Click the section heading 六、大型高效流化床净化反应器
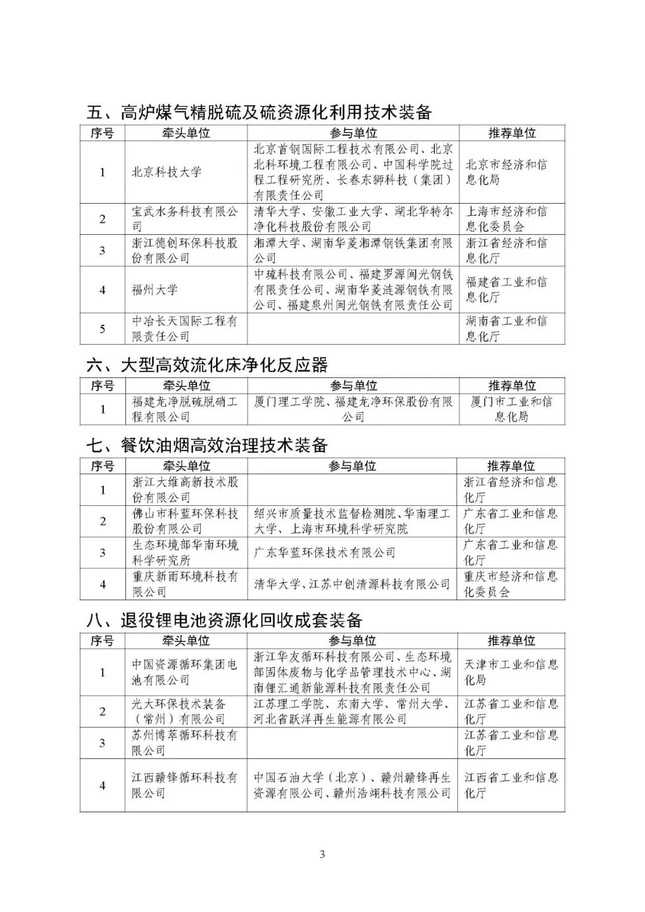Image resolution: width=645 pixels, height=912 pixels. coord(207,365)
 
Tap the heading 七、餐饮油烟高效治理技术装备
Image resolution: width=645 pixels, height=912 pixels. coord(207,446)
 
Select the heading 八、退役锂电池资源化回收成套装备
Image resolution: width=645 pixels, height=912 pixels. coord(225,620)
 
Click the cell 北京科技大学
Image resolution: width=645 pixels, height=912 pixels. coord(167,173)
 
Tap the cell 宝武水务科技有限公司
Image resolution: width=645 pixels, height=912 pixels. coord(185,219)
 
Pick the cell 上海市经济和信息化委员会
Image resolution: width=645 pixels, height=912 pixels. coord(506,219)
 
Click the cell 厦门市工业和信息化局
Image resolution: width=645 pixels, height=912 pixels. coord(511,409)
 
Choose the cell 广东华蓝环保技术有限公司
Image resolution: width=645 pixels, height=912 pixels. coord(325,552)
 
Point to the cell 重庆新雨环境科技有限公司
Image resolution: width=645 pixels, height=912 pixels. coord(185,584)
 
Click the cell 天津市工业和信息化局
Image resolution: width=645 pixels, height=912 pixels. coord(511,672)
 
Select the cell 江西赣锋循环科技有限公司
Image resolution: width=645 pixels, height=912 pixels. coord(185,785)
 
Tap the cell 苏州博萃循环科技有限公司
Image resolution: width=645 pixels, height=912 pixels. coord(185,742)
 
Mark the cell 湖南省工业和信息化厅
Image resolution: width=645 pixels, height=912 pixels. coord(506,328)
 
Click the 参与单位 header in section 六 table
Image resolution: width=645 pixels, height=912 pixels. coord(353,386)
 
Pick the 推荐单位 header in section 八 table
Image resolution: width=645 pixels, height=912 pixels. coord(511,641)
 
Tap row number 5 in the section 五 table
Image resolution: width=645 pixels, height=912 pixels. coord(102,329)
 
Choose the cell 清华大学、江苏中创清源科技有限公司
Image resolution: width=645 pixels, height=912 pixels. coord(352,584)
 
